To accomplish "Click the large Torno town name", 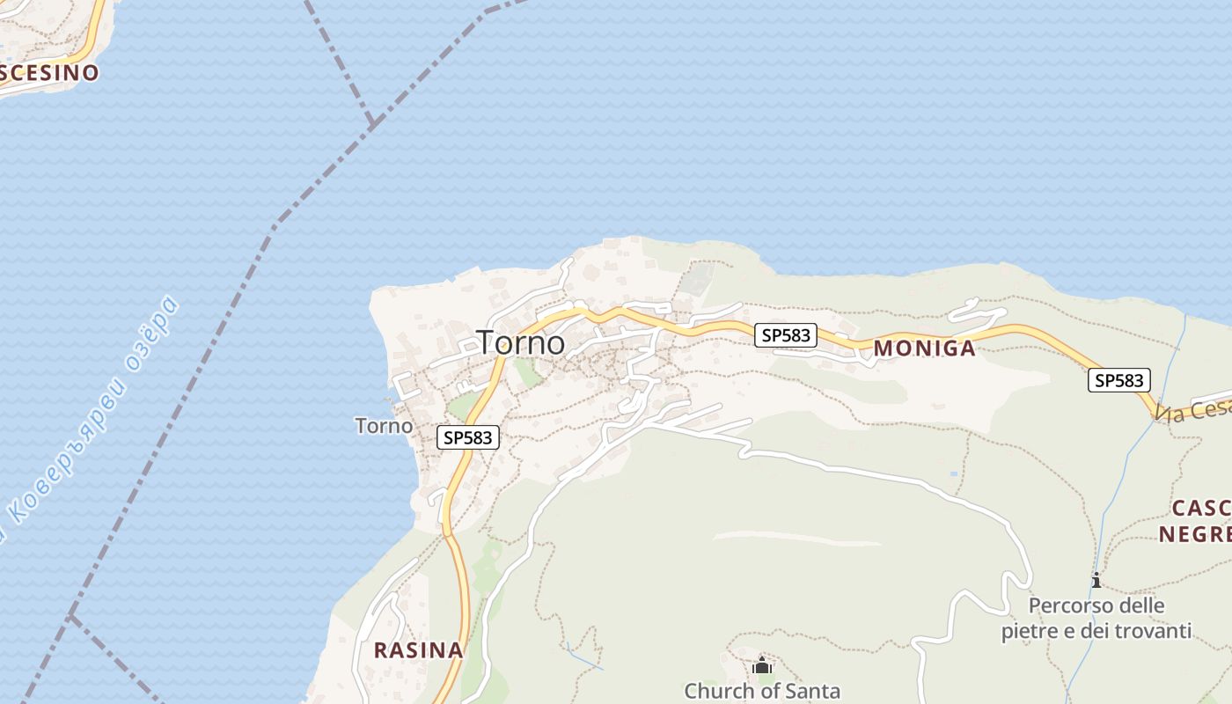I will tap(520, 342).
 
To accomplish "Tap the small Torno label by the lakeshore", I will tap(384, 426).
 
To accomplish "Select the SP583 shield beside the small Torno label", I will tap(468, 437).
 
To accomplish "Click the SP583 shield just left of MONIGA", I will tap(786, 335).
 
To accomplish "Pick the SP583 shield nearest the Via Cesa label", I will tap(1119, 380).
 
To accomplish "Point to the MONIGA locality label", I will tap(924, 348).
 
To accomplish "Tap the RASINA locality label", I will tap(418, 650).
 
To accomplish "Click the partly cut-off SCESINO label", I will tap(48, 73).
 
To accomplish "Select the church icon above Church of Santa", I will tap(762, 666).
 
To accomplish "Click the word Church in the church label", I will tap(714, 692).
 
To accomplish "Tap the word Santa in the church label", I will tap(813, 692).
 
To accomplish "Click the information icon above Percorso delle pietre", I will tap(1096, 580).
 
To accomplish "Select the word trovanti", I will tap(1153, 631).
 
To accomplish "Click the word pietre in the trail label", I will tap(1029, 631).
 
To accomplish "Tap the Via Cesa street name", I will tap(1192, 408).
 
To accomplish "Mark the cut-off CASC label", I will tap(1201, 509).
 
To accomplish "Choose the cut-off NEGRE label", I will tap(1194, 534).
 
